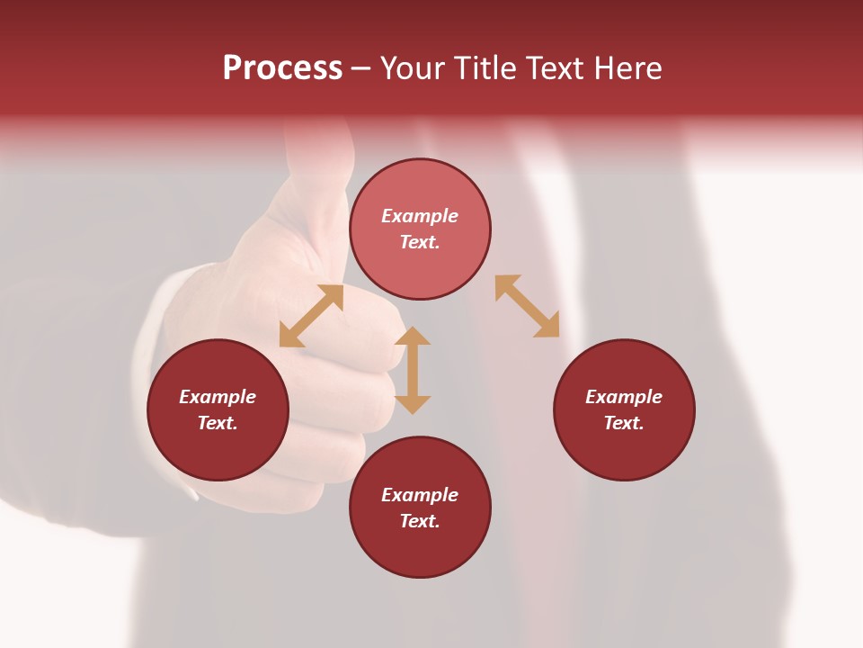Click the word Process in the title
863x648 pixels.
(x=282, y=68)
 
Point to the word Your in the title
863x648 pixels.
(x=414, y=68)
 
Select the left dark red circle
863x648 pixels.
(x=218, y=450)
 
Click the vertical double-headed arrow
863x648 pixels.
(x=413, y=371)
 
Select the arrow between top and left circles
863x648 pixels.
(x=311, y=316)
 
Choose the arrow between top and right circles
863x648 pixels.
(x=527, y=306)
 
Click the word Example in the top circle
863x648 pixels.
(x=420, y=216)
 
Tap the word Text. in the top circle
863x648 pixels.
(x=420, y=242)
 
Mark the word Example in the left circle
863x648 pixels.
(x=218, y=397)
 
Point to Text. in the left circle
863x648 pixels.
(x=218, y=423)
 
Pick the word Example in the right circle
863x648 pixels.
(x=624, y=397)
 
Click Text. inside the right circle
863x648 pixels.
(x=624, y=423)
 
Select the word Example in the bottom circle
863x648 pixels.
(x=420, y=495)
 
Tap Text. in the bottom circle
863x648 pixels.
(x=420, y=521)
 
